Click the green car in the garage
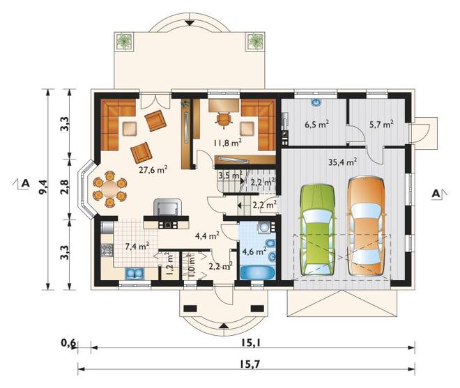coord(317,230)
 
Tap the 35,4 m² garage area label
coord(342,162)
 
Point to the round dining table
coord(110,189)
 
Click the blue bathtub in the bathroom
coord(258,272)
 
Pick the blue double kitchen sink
coord(135,273)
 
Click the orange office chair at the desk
coord(224,120)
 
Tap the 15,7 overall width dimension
coord(250,364)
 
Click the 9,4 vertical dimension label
coord(43,187)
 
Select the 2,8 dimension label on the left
coord(65,187)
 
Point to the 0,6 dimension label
coord(69,343)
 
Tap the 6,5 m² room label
coord(316,124)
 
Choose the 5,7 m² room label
coord(381,125)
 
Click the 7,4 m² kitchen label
coord(137,246)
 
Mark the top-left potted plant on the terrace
coord(124,41)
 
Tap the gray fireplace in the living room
coord(167,208)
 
